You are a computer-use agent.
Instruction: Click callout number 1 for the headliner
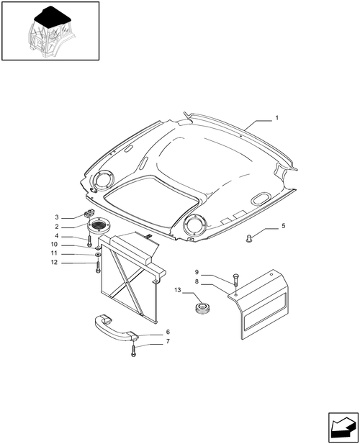click(276, 117)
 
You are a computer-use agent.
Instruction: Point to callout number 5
click(283, 226)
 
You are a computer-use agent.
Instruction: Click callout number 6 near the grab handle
click(168, 332)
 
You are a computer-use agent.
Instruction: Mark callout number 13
click(177, 290)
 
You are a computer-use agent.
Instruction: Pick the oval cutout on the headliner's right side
click(261, 197)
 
